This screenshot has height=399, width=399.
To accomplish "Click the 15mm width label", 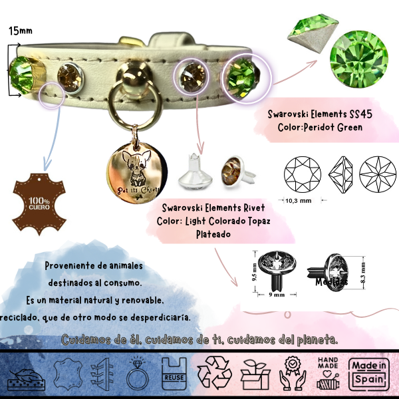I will pos(19,31).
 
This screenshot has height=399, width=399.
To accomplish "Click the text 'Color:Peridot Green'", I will pos(321,126).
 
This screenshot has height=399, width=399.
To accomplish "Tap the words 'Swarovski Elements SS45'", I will pos(321,114).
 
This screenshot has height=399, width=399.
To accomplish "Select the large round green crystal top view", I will pos(358,63).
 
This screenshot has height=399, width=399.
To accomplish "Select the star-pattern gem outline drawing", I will pos(377,174).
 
